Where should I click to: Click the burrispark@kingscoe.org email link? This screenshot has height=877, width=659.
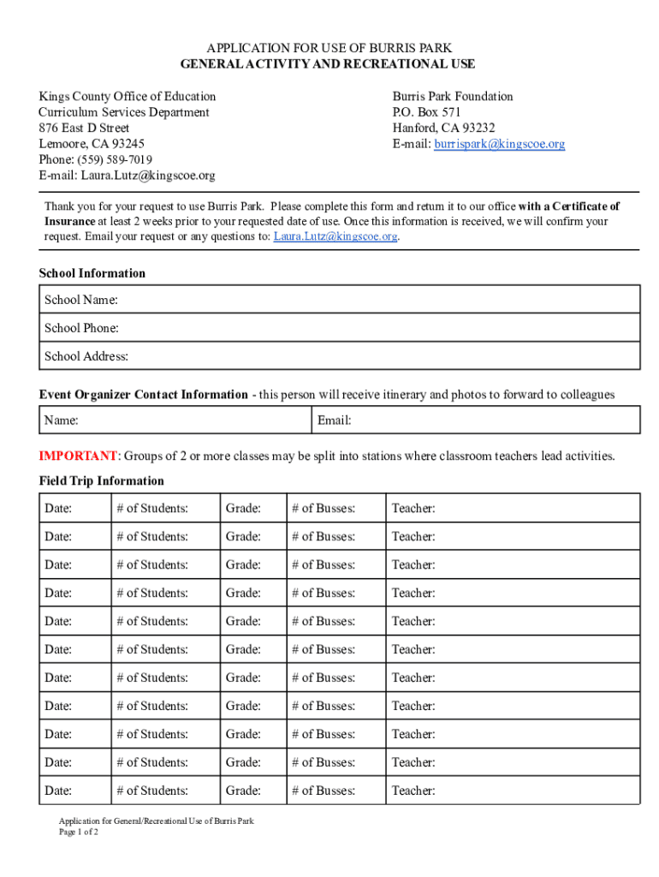499,144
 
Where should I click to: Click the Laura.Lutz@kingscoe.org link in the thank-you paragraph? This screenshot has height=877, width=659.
335,236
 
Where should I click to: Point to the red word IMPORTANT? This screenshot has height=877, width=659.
78,456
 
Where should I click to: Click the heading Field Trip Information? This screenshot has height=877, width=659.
101,480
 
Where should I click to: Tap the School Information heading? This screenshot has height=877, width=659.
92,273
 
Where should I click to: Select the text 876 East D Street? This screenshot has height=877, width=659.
84,128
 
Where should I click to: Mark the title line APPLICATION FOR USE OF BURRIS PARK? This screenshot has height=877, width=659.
328,48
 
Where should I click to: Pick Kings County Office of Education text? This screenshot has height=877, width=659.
127,97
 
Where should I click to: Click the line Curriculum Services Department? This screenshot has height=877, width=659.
123,112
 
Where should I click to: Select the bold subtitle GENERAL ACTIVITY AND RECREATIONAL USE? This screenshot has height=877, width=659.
328,64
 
